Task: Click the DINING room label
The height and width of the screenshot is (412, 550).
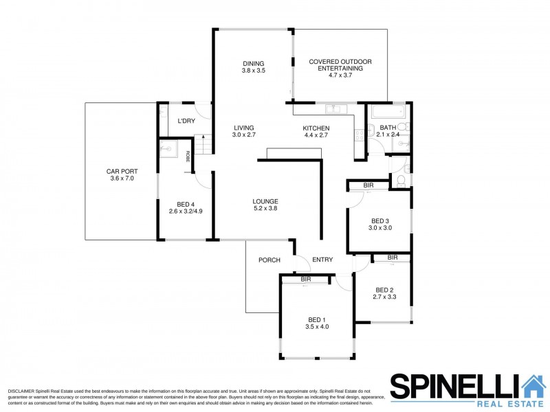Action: [253, 64]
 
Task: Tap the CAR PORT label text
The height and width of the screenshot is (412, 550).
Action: [122, 171]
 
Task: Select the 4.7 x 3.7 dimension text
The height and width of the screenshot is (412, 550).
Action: [340, 75]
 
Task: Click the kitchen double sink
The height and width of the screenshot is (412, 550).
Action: [335, 109]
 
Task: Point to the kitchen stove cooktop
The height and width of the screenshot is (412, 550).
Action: [359, 135]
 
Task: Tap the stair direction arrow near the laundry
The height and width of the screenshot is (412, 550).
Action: [203, 137]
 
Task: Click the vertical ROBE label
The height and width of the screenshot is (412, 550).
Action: [188, 157]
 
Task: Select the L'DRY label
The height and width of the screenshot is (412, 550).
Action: [186, 122]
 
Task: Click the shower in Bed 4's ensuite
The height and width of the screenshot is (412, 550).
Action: [168, 148]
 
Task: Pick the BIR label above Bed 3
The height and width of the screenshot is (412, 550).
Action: [368, 185]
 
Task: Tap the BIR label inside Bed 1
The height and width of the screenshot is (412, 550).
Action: [306, 279]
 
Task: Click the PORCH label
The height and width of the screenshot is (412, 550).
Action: [269, 260]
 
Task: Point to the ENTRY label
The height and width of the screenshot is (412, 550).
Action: [322, 260]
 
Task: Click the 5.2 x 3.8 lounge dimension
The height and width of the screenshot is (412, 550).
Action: [265, 209]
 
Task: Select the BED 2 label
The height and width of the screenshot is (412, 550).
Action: [384, 290]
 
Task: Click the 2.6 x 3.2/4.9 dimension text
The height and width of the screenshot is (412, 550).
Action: [186, 211]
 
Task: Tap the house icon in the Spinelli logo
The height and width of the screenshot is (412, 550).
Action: [534, 386]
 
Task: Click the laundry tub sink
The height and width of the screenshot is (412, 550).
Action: [163, 113]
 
